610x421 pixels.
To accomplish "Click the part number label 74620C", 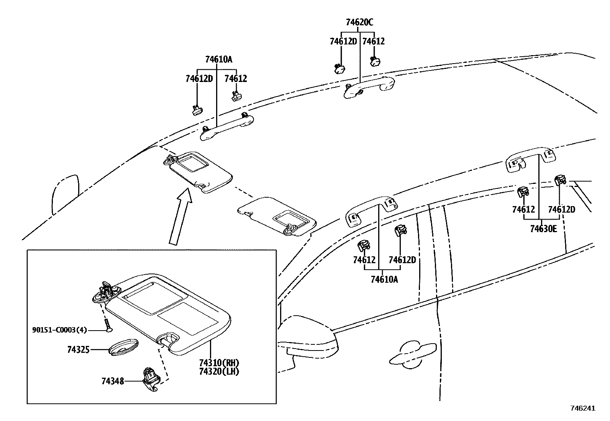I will coord(359,22).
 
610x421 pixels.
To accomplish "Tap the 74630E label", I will coord(543,229).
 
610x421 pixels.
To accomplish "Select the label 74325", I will coord(78,349).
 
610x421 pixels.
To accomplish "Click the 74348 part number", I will coord(113,381).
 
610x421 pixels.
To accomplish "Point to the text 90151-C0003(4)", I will coord(59,330).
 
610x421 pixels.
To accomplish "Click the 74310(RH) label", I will coord(219,363).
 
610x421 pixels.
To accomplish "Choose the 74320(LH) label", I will coord(219,371).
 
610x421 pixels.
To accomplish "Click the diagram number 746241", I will coord(583,408).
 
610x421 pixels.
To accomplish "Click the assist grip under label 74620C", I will coord(368,87).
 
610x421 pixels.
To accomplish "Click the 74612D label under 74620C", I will coord(343,41).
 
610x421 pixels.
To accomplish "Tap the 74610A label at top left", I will coord(218,59).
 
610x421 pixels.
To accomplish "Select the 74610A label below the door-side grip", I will coord(384,279).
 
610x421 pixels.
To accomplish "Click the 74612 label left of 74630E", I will coord(523,210).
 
